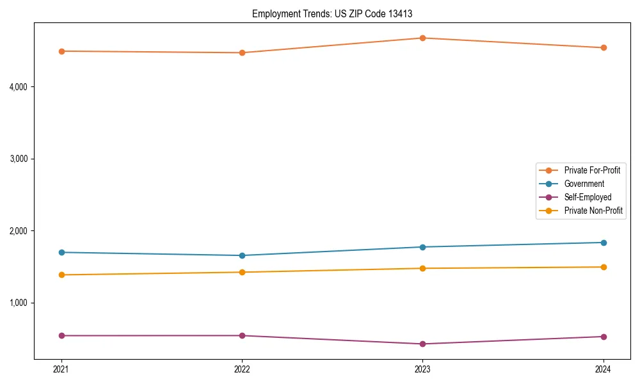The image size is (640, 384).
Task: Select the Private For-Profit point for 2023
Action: pyautogui.click(x=422, y=38)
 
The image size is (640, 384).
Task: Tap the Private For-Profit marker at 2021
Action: pyautogui.click(x=61, y=51)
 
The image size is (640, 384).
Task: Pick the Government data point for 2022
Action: pyautogui.click(x=242, y=255)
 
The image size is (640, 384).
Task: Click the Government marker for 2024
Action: pyautogui.click(x=604, y=243)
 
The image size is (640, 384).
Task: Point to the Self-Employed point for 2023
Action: pyautogui.click(x=422, y=344)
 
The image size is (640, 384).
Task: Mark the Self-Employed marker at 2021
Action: pyautogui.click(x=61, y=335)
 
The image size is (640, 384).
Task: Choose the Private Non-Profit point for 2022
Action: pyautogui.click(x=242, y=272)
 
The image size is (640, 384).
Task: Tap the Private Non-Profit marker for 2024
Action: pyautogui.click(x=604, y=267)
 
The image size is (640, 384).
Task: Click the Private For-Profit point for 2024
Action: pyautogui.click(x=604, y=47)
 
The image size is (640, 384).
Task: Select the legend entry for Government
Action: pyautogui.click(x=584, y=184)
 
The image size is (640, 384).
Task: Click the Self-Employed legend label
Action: pyautogui.click(x=588, y=197)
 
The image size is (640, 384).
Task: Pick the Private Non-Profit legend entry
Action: pyautogui.click(x=593, y=211)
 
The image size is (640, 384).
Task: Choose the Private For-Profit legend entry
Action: pyautogui.click(x=592, y=170)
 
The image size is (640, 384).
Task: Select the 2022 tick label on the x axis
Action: pyautogui.click(x=242, y=369)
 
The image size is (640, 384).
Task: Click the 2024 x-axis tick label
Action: pyautogui.click(x=604, y=369)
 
